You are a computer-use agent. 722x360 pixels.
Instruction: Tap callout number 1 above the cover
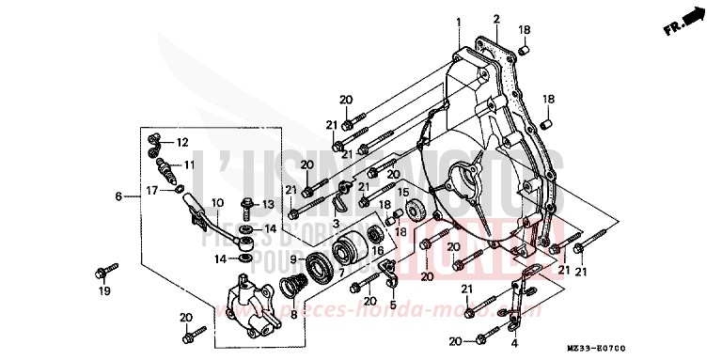coord(460,21)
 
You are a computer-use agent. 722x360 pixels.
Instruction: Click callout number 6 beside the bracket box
coord(118,196)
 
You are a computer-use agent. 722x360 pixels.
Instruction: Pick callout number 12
coord(182,142)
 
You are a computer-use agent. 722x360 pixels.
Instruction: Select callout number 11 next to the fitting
coord(188,164)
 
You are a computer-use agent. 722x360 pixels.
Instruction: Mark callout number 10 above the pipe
coord(216,202)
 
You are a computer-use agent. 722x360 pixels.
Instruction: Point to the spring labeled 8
coord(299,281)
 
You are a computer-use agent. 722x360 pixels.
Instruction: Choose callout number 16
coord(378,250)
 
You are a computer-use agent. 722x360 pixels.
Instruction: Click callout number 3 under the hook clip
coord(335,225)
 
